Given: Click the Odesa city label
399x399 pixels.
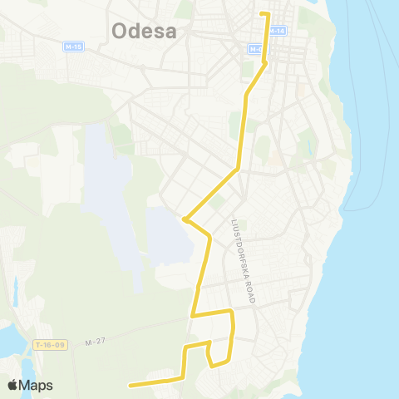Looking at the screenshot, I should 144,32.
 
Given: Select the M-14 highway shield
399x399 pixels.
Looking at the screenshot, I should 278,31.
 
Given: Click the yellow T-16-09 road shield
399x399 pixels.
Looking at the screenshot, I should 49,345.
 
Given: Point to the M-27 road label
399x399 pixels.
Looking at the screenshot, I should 96,342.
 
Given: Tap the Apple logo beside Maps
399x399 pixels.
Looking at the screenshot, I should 12,386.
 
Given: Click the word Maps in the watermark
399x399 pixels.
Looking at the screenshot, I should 37,386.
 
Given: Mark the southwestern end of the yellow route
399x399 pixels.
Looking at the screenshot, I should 130,386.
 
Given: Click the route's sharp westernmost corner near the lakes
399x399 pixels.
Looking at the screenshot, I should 185,219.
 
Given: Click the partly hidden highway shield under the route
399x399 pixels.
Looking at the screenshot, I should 256,49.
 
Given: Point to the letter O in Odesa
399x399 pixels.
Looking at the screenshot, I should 120,32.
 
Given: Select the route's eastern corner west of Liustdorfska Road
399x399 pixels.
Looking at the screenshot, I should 232,312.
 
